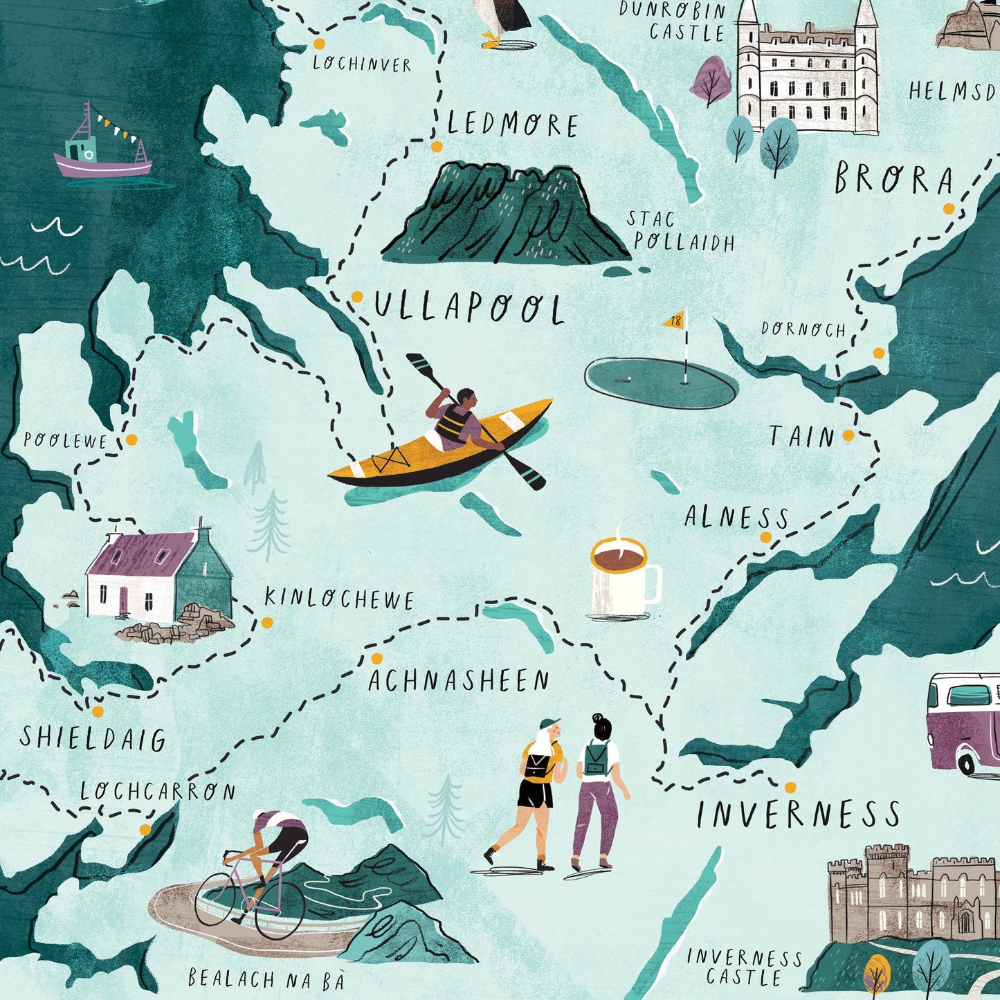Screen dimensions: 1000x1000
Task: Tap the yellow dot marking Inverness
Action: (x=790, y=787)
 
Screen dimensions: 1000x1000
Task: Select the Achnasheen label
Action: (x=458, y=681)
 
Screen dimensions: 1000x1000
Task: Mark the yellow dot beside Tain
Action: (x=848, y=435)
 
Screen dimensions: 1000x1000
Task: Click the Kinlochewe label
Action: (x=339, y=599)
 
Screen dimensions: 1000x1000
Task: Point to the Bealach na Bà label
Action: (x=266, y=979)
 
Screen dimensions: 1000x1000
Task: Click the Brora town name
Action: (x=893, y=179)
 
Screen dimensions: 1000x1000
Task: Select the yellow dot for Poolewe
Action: (x=131, y=439)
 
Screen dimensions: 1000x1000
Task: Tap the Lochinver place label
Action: (x=362, y=64)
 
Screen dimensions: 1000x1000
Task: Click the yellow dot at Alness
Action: (x=765, y=537)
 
